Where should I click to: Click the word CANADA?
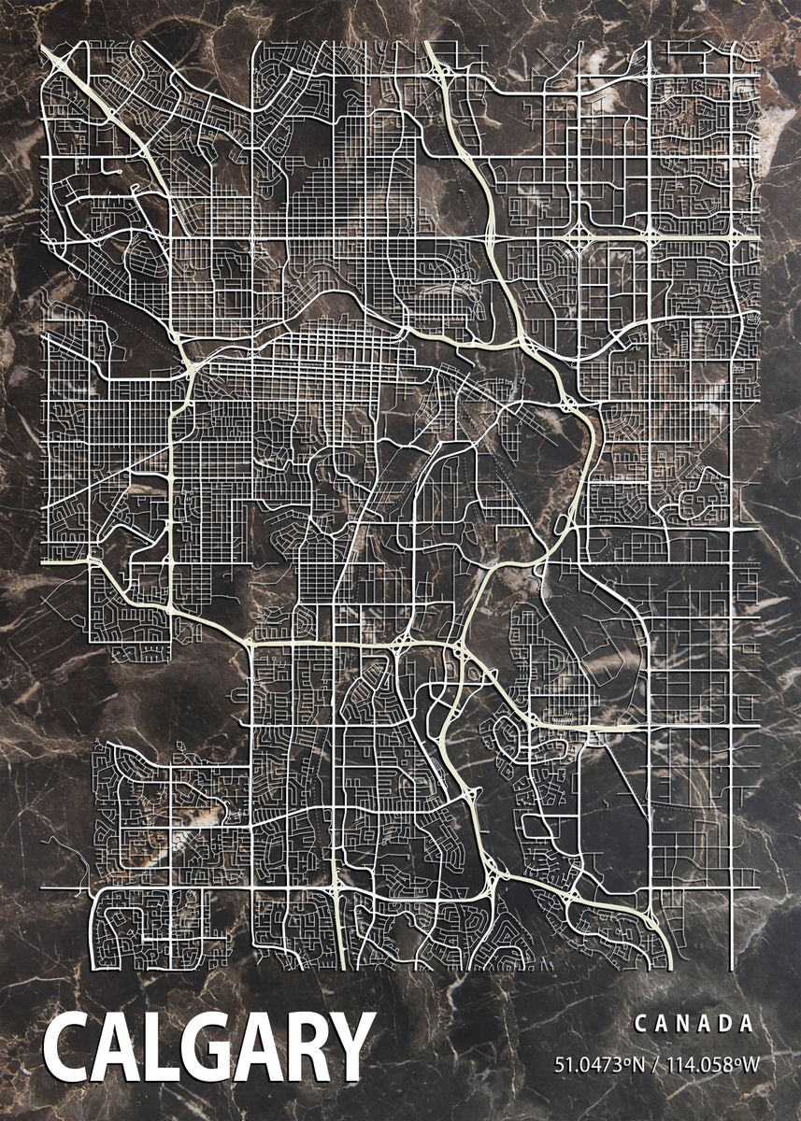pos(694,1024)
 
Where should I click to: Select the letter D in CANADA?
pos(727,1024)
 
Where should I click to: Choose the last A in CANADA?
pos(748,1024)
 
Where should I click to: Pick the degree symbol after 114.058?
pos(736,1059)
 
